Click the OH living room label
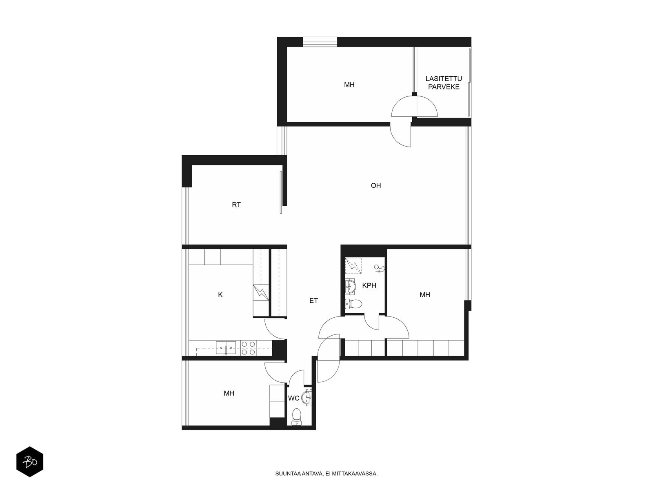pyautogui.click(x=376, y=185)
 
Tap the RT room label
pyautogui.click(x=236, y=205)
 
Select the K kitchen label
pyautogui.click(x=220, y=294)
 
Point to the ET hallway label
pyautogui.click(x=313, y=301)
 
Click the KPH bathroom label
pyautogui.click(x=369, y=285)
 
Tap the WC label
pyautogui.click(x=293, y=398)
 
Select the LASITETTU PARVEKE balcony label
pyautogui.click(x=444, y=83)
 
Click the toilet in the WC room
pyautogui.click(x=296, y=416)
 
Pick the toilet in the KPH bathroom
pyautogui.click(x=353, y=304)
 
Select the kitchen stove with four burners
pyautogui.click(x=249, y=348)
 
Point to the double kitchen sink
pyautogui.click(x=226, y=348)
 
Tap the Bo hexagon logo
pyautogui.click(x=30, y=461)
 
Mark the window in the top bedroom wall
pyautogui.click(x=320, y=42)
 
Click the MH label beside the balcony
pyautogui.click(x=349, y=85)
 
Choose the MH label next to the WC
pyautogui.click(x=229, y=393)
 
